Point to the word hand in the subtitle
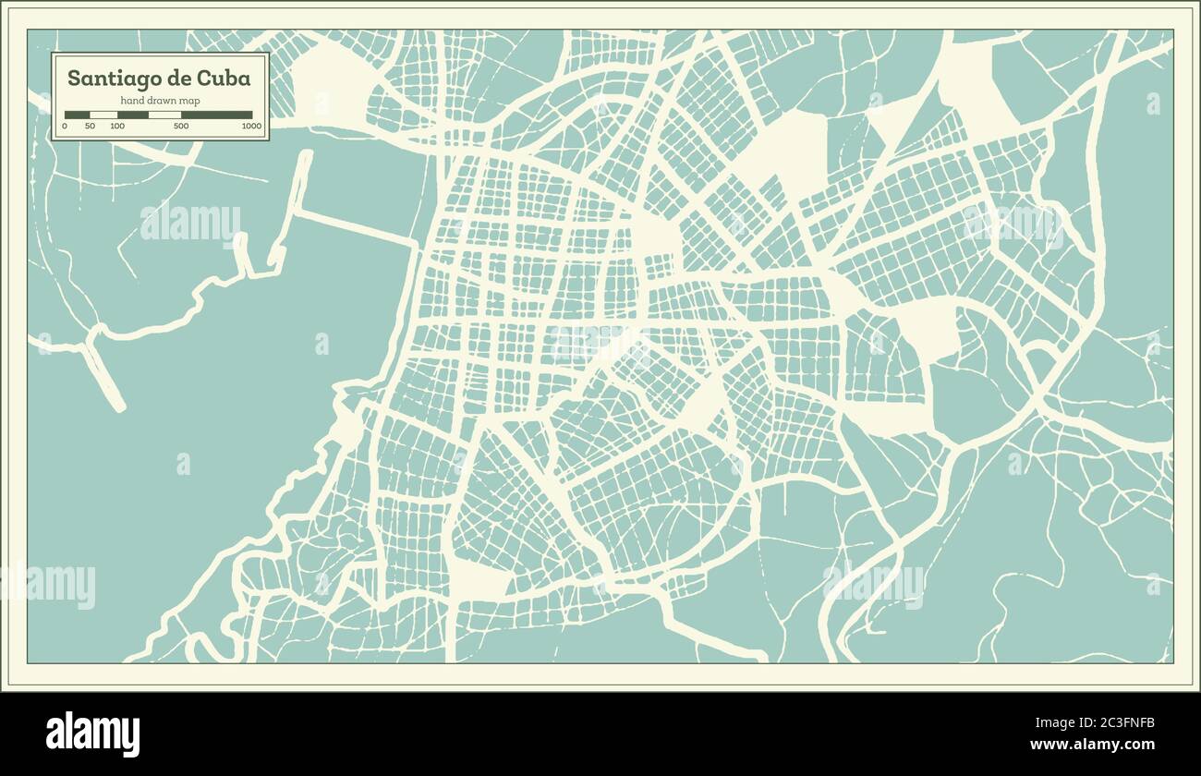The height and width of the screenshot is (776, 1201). (x=131, y=100)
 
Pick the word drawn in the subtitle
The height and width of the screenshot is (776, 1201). (x=159, y=100)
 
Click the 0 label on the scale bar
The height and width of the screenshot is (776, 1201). (x=65, y=126)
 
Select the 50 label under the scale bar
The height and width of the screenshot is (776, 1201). (x=90, y=126)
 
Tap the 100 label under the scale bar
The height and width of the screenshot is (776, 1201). (x=117, y=126)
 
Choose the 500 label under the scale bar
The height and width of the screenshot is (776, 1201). (x=181, y=126)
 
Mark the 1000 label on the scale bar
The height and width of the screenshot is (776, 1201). (x=251, y=126)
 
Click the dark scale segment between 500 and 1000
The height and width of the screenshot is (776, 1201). (x=217, y=115)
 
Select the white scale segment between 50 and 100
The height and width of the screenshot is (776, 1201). (x=103, y=115)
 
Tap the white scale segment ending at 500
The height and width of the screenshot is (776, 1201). (x=164, y=115)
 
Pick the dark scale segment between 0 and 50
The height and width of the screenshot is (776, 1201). (x=77, y=115)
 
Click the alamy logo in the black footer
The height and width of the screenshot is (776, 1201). (x=92, y=734)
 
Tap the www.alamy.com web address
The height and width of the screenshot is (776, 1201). (x=1092, y=745)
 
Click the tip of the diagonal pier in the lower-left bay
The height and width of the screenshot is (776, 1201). (x=117, y=405)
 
